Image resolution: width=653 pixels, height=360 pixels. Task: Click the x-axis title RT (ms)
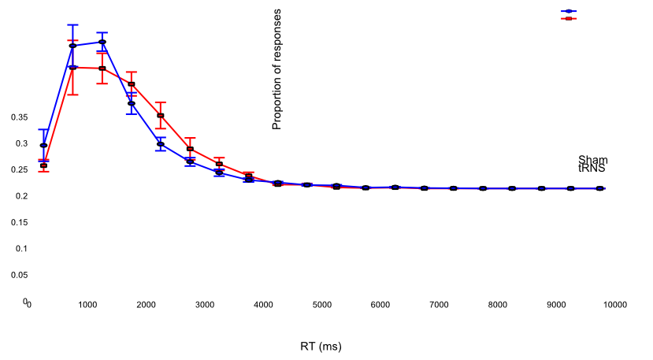click(321, 346)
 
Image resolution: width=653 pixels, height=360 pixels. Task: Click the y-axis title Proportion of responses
click(276, 69)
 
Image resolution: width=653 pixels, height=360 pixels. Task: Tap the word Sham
click(592, 160)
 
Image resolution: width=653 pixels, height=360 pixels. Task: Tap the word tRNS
click(592, 169)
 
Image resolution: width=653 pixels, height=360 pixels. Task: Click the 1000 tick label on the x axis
click(87, 305)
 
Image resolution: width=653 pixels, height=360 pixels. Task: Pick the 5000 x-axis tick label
click(321, 305)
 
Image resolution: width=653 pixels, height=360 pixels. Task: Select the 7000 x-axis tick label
click(439, 305)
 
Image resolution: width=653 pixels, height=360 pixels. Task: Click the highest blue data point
click(102, 42)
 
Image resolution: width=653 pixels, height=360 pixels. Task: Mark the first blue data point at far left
click(43, 145)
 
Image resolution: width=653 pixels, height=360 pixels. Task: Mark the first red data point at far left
click(43, 165)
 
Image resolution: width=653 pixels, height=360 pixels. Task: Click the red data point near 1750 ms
click(131, 84)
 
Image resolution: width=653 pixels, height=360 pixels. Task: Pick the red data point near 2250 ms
click(160, 116)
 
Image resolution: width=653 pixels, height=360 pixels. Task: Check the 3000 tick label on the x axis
click(204, 305)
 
